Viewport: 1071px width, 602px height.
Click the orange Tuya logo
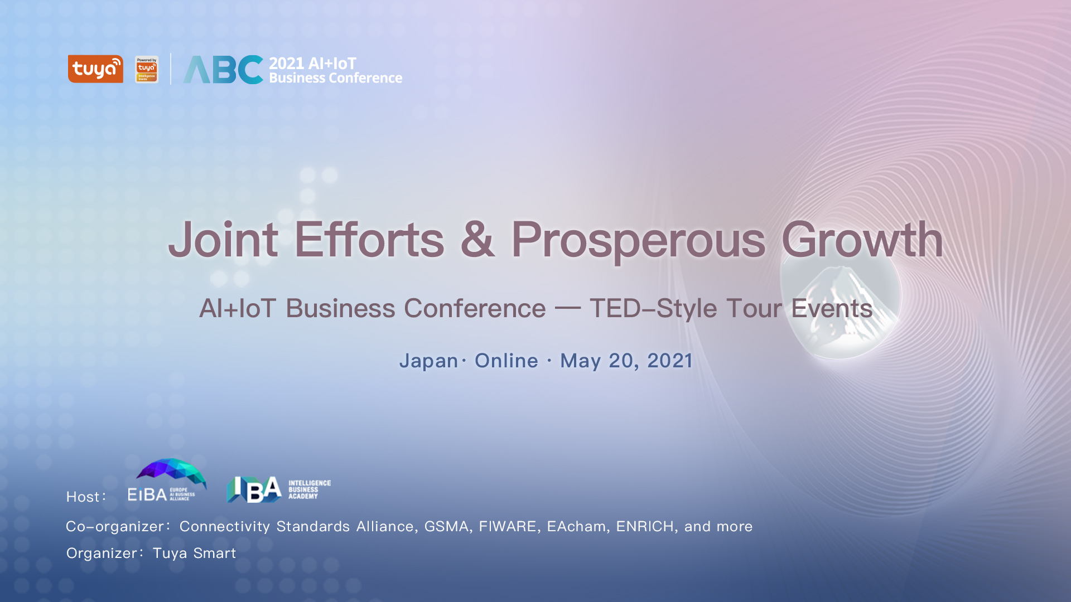[x=95, y=69]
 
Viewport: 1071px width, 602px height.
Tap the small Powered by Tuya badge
[x=147, y=69]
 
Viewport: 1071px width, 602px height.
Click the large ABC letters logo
[x=223, y=70]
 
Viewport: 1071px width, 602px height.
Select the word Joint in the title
[x=223, y=240]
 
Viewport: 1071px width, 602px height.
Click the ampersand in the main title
[x=477, y=240]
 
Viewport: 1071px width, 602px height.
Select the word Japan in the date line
[x=428, y=361]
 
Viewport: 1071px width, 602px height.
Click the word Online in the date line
[x=506, y=361]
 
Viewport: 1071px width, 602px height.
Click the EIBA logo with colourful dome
[x=167, y=480]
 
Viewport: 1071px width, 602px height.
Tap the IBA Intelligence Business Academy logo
[x=278, y=489]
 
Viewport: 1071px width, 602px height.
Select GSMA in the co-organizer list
[x=446, y=526]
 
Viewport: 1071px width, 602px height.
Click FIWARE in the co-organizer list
[x=507, y=526]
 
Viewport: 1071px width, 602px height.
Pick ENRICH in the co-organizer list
[x=645, y=526]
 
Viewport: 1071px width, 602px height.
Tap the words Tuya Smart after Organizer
[x=194, y=553]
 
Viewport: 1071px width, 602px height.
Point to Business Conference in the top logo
[x=335, y=78]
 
